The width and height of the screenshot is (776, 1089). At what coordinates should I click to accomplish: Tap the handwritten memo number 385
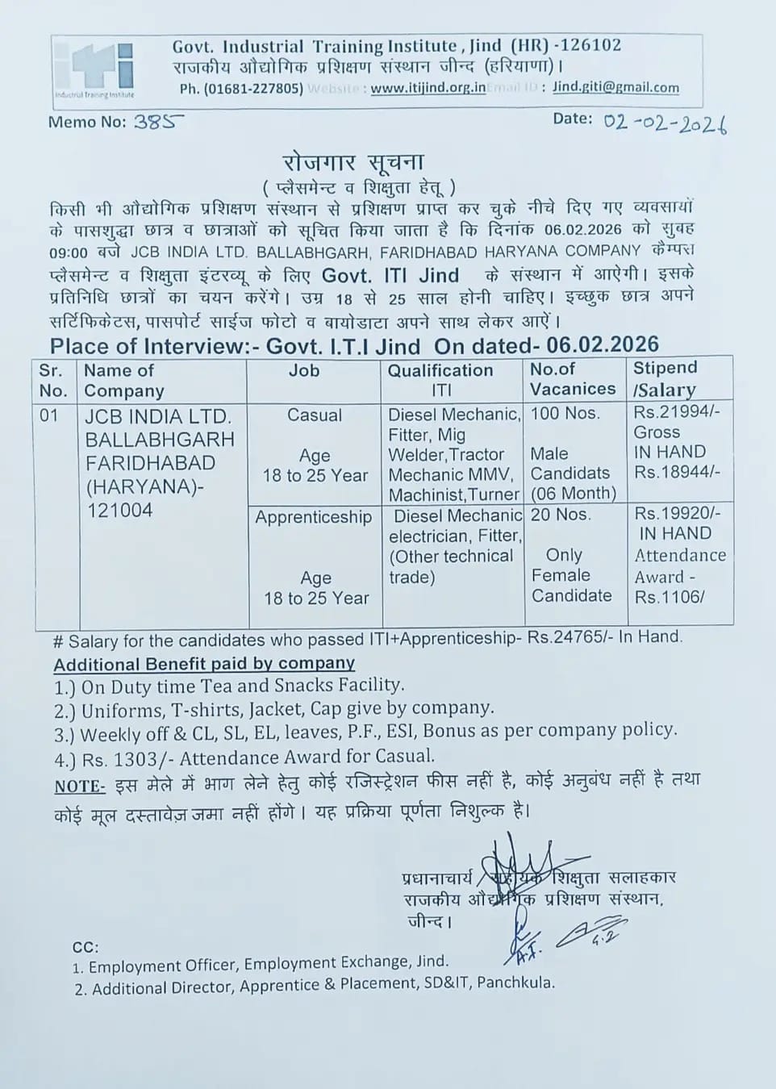point(158,122)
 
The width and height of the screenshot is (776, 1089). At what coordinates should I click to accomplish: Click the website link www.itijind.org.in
point(428,89)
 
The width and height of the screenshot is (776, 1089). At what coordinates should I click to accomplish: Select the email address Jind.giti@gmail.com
point(615,87)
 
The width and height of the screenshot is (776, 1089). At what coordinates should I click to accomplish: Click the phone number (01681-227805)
point(241,89)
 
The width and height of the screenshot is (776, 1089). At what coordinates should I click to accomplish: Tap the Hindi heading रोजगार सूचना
point(353,162)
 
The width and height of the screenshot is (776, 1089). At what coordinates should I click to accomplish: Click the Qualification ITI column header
point(440,380)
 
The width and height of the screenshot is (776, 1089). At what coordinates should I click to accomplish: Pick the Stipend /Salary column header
point(665,378)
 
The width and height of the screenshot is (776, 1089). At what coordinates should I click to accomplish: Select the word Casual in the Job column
point(315,415)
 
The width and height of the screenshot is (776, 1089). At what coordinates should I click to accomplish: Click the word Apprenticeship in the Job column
point(314,517)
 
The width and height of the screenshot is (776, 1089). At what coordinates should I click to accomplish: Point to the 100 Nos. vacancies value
point(565,414)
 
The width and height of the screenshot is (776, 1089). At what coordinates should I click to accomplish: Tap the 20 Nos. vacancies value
point(561,515)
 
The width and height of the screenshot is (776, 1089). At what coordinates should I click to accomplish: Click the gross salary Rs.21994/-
point(678,412)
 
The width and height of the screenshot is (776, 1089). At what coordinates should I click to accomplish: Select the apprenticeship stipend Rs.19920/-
point(678,513)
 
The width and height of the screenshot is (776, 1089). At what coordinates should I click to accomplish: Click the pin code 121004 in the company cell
point(120,510)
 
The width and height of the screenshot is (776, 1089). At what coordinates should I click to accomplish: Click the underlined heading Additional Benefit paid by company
point(204,664)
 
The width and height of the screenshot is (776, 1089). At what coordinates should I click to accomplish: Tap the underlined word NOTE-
point(80,786)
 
